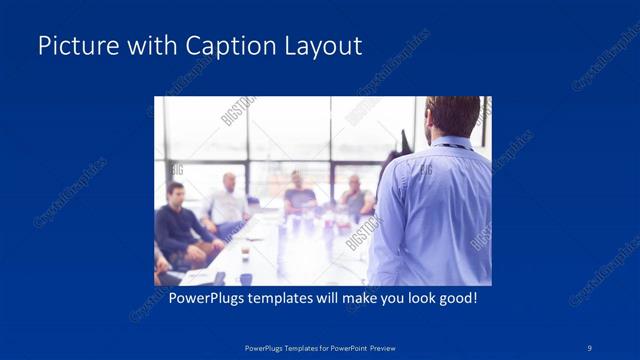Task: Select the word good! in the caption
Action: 455,299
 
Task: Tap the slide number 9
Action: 589,347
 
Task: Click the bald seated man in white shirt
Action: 227,200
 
